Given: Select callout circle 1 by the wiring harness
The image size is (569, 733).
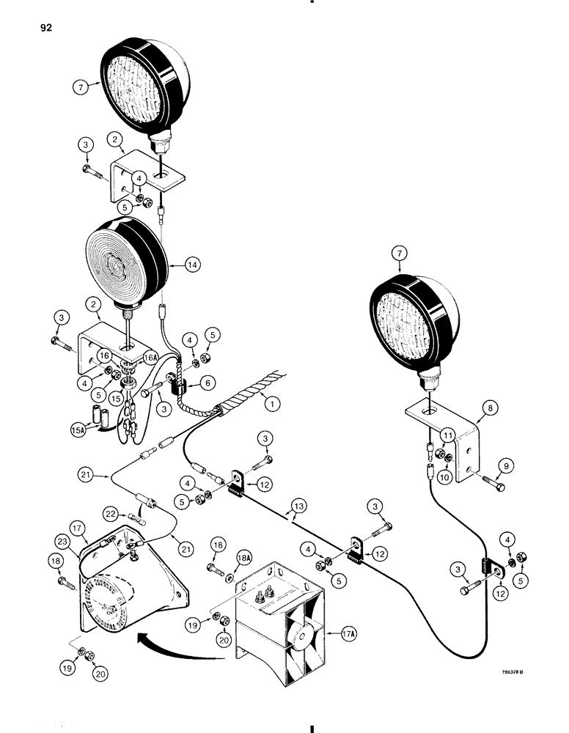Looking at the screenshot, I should (x=274, y=402).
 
